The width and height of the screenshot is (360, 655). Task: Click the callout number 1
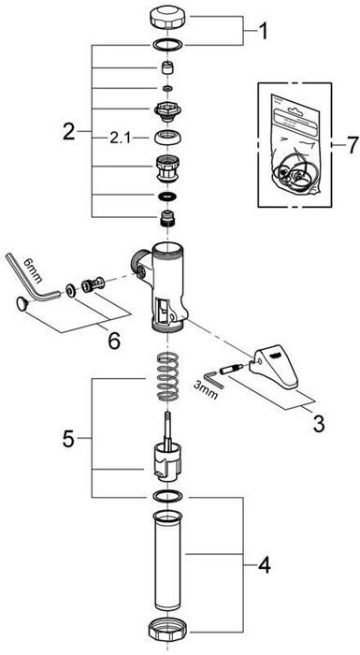(x=263, y=34)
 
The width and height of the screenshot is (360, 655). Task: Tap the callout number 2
(x=69, y=131)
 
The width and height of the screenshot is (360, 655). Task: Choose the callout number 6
(x=351, y=145)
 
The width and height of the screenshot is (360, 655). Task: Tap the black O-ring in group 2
(x=168, y=198)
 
